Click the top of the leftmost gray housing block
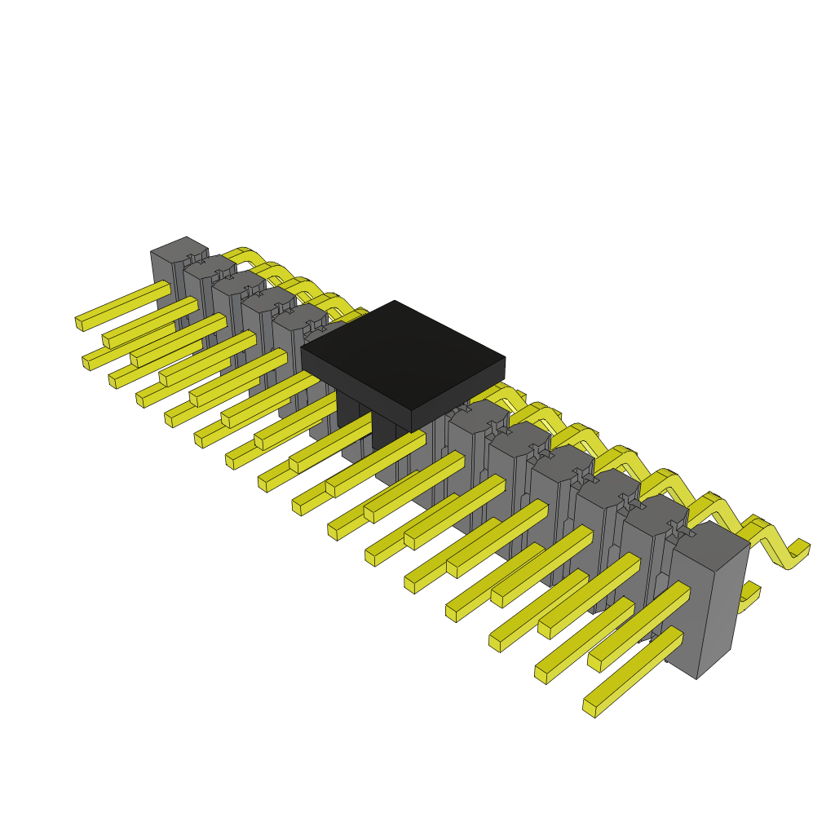pos(179,248)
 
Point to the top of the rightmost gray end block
pos(708,543)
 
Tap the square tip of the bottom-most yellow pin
pos(589,708)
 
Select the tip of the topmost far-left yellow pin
pos(79,323)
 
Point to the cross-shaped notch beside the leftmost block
pos(196,259)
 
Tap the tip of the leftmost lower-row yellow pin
pos(86,361)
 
